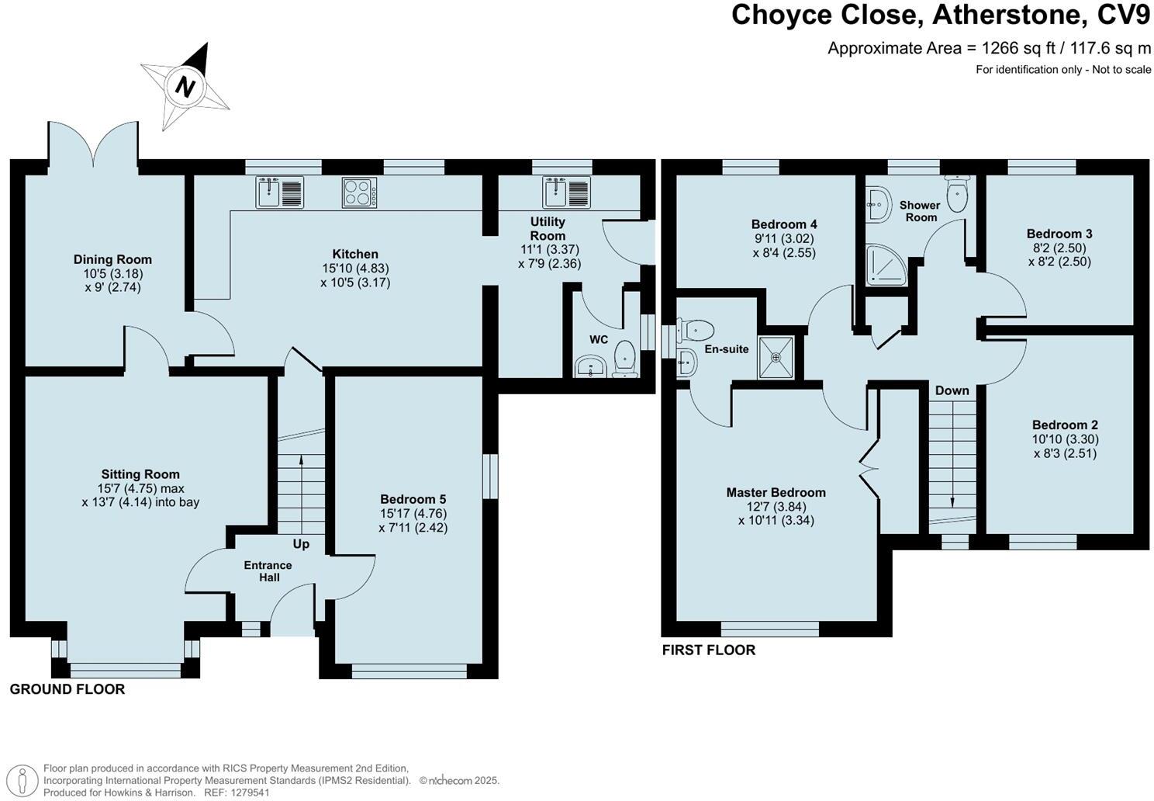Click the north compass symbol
[x=185, y=85]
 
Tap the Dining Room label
[x=112, y=259]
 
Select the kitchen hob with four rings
[x=359, y=192]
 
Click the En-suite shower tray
[x=776, y=358]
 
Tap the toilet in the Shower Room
[x=957, y=193]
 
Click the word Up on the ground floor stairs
[x=301, y=544]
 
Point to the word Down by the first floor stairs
[x=952, y=390]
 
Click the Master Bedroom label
[x=776, y=492]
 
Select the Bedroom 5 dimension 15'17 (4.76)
[x=413, y=513]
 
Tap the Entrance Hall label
[x=268, y=571]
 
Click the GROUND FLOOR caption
[x=67, y=689]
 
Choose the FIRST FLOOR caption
[x=708, y=650]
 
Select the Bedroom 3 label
[x=1059, y=234]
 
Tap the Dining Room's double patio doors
[x=93, y=144]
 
